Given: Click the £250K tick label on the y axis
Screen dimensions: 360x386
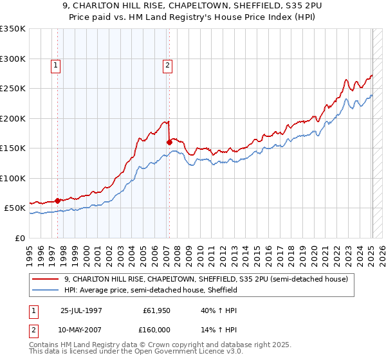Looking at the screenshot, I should click(13, 89).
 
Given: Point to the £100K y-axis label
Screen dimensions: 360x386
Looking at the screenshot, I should click(13, 178).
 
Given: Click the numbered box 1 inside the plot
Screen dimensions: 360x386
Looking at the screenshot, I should click(57, 64).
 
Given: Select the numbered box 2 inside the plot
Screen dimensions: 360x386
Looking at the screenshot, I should click(167, 64).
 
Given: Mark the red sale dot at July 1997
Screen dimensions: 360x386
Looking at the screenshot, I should click(57, 201).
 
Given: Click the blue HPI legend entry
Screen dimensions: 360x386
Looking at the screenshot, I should click(151, 290).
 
